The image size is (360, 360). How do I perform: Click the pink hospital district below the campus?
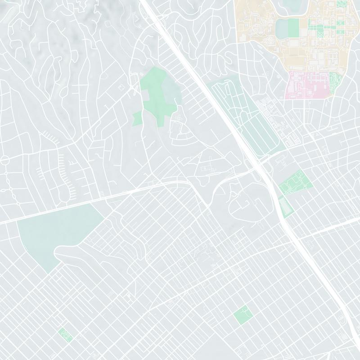click(x=306, y=85)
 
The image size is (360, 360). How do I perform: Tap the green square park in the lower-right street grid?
click(x=242, y=314)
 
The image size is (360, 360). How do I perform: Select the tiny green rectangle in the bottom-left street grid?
click(x=65, y=334)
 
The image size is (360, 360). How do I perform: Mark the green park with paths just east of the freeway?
click(x=296, y=182)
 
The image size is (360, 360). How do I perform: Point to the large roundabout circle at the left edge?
click(x=5, y=160)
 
